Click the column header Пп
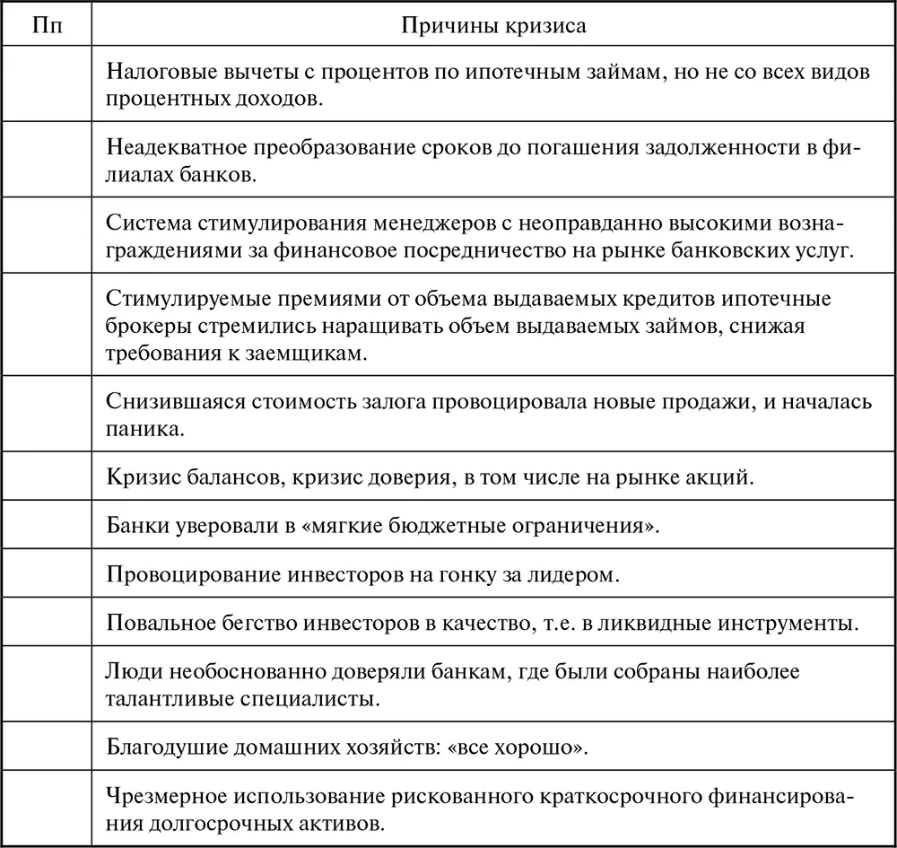pos(48,25)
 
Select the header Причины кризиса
pos(493,25)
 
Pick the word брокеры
pos(142,326)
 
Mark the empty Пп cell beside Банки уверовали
pos(48,525)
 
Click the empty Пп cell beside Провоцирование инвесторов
pos(48,573)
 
